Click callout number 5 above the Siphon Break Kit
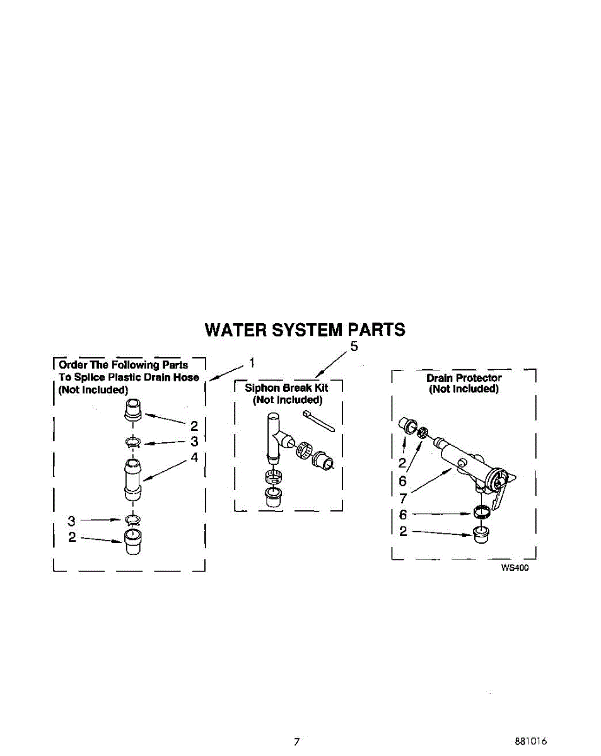(354, 346)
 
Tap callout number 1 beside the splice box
(252, 362)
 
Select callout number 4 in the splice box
(194, 457)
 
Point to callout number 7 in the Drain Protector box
(402, 498)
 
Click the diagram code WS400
(515, 568)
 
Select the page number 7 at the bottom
(297, 742)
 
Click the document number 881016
(531, 742)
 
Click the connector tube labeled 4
(132, 479)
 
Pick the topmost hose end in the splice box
(133, 409)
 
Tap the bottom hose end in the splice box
(133, 542)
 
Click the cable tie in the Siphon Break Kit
(318, 421)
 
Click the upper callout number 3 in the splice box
(194, 442)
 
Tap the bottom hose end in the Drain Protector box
(481, 535)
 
